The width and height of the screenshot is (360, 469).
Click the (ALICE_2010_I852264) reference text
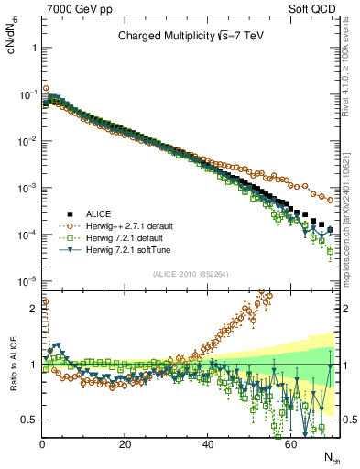(x=191, y=274)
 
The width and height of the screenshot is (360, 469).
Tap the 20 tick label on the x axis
(x=125, y=444)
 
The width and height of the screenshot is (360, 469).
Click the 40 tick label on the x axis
(x=208, y=444)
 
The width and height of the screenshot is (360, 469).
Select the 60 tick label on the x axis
(x=290, y=444)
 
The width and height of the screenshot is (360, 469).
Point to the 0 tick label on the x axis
(x=42, y=444)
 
